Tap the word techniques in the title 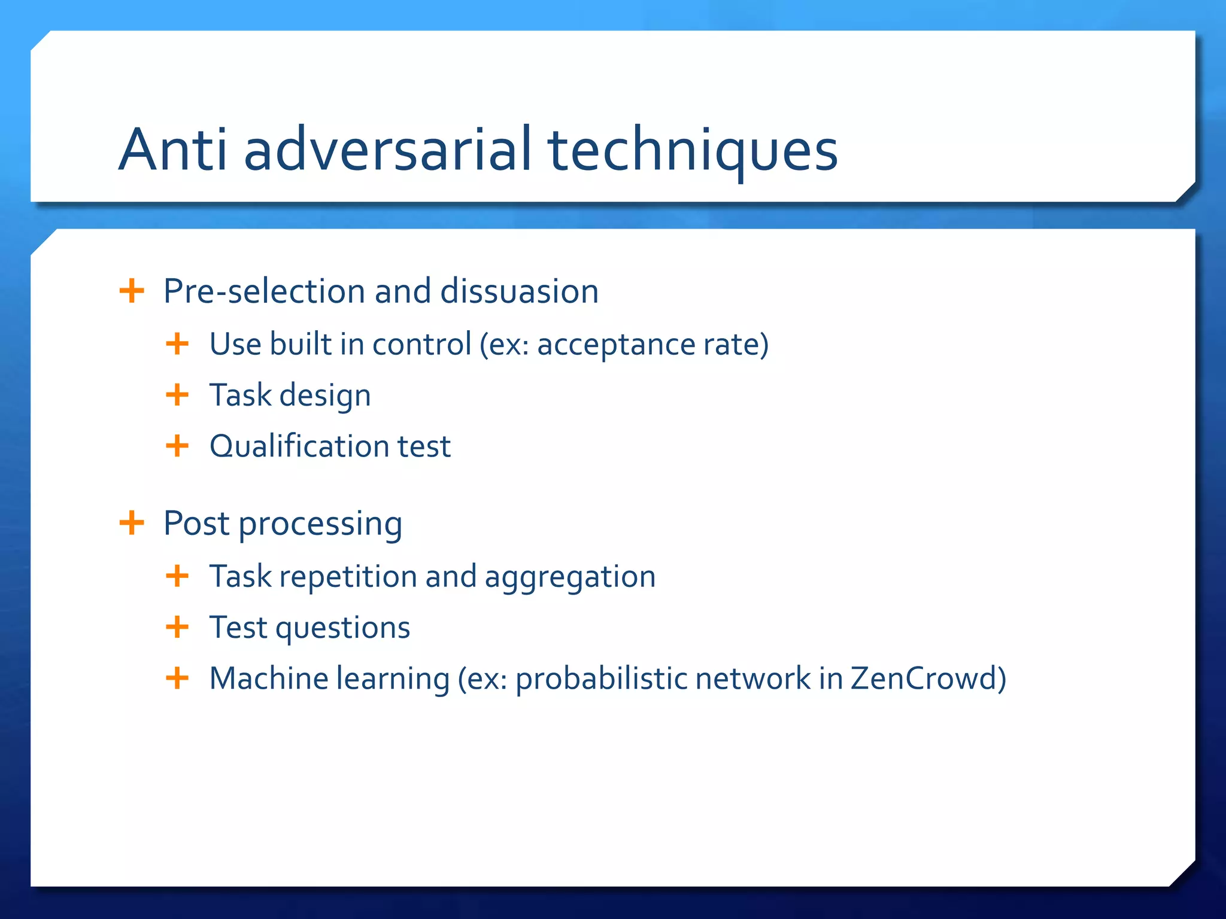click(693, 151)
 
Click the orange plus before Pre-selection click(132, 291)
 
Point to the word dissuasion click(519, 291)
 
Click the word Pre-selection click(264, 291)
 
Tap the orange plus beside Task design click(177, 395)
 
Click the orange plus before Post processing click(132, 524)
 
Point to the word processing click(320, 525)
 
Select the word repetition click(348, 577)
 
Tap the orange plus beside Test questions click(177, 627)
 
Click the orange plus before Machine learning click(177, 678)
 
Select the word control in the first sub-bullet click(421, 345)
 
